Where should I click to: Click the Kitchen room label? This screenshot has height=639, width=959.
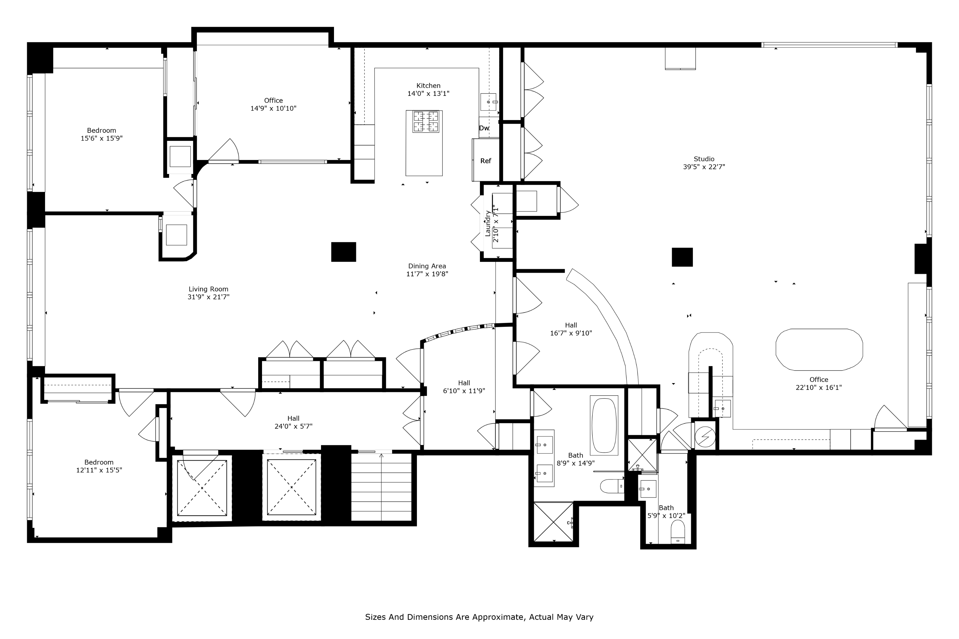pos(428,85)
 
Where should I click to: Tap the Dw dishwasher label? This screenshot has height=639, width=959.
pos(484,128)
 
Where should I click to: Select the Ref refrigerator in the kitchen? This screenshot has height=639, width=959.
pos(486,161)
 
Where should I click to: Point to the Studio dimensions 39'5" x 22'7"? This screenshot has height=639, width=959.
pos(704,167)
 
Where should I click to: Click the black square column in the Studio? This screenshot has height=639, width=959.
pos(682,257)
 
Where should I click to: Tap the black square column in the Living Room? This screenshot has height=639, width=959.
pos(343,252)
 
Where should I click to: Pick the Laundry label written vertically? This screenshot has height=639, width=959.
pos(488,223)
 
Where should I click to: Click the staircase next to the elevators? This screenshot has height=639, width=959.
pos(381,487)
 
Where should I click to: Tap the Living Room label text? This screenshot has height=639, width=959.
pos(208,289)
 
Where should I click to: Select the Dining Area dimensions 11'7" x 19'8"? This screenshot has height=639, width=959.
pos(427,274)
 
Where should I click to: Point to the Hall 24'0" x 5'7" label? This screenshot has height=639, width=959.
pos(293,422)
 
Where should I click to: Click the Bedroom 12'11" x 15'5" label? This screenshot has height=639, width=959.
pos(99,466)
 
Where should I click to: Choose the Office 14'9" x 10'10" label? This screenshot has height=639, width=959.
pos(273,104)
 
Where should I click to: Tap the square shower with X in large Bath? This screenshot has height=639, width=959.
pos(553,522)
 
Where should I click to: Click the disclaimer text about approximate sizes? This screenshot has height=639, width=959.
pos(479,617)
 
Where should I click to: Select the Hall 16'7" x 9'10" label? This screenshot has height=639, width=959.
pos(571,329)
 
